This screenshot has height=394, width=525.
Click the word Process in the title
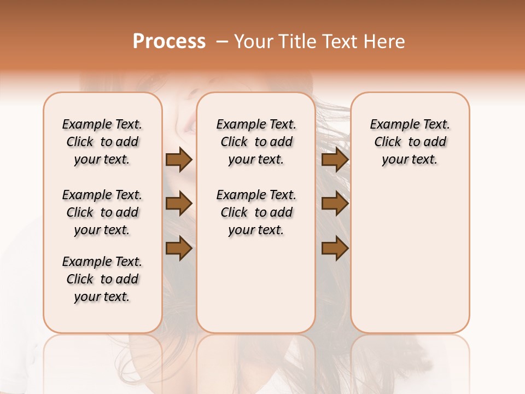pos(169,42)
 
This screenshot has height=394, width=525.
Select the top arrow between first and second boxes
pos(179,160)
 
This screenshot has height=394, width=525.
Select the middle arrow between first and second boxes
pos(179,204)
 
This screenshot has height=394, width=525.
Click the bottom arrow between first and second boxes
pos(179,248)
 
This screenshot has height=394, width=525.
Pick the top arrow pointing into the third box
pos(335,160)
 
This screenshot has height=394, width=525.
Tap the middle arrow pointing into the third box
pos(335,204)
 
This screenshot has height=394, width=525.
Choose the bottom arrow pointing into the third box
pos(335,248)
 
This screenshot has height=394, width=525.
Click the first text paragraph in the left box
pos(102,142)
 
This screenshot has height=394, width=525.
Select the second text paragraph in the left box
pos(102,212)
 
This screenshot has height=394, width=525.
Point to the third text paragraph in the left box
pos(102,279)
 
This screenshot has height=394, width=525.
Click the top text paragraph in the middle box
pos(256,142)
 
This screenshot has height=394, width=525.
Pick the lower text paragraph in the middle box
pos(256,212)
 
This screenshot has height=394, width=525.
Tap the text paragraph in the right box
pos(410,142)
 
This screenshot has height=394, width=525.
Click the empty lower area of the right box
pos(410,257)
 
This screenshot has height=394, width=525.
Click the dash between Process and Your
pos(222,42)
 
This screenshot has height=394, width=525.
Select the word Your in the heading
pos(254,42)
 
